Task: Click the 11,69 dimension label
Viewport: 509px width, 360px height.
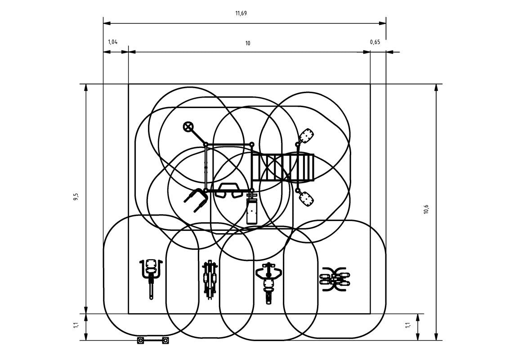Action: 241,13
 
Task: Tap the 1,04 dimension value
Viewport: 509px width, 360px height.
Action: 112,42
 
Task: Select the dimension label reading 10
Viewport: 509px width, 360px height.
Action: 248,43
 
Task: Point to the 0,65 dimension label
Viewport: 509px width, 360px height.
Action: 375,42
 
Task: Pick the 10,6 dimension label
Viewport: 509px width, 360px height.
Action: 426,209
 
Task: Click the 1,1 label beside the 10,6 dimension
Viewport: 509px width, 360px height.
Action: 408,324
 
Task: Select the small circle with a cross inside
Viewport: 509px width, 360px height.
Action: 188,126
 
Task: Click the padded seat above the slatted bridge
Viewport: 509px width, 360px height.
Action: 307,135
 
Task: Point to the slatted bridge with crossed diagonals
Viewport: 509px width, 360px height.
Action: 282,167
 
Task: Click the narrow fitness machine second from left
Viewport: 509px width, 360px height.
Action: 209,279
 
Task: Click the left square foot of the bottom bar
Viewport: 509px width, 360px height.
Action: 141,341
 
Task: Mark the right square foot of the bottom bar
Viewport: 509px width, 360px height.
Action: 165,341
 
